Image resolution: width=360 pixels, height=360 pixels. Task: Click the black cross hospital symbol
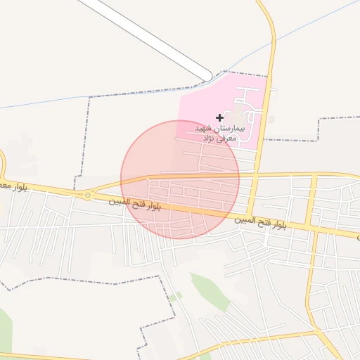click(x=219, y=117)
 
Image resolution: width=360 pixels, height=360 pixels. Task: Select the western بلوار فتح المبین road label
click(x=136, y=205)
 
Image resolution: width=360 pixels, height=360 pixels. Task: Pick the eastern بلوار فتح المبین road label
click(x=262, y=223)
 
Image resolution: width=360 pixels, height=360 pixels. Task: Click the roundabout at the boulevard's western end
click(x=87, y=195)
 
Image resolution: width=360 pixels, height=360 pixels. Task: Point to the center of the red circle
click(x=180, y=179)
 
